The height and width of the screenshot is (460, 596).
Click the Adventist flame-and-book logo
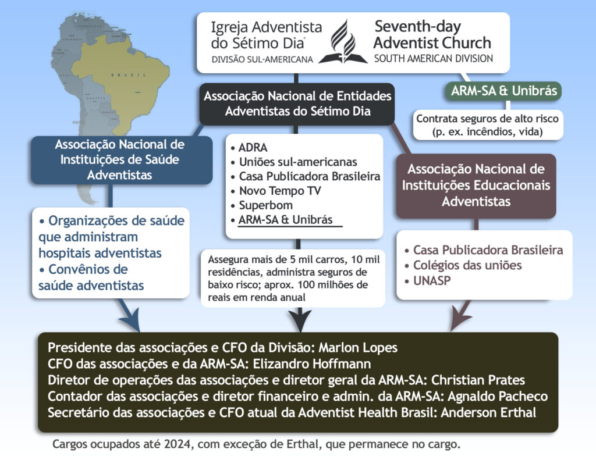click(343, 42)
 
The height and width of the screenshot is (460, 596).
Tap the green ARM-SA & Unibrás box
click(505, 91)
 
